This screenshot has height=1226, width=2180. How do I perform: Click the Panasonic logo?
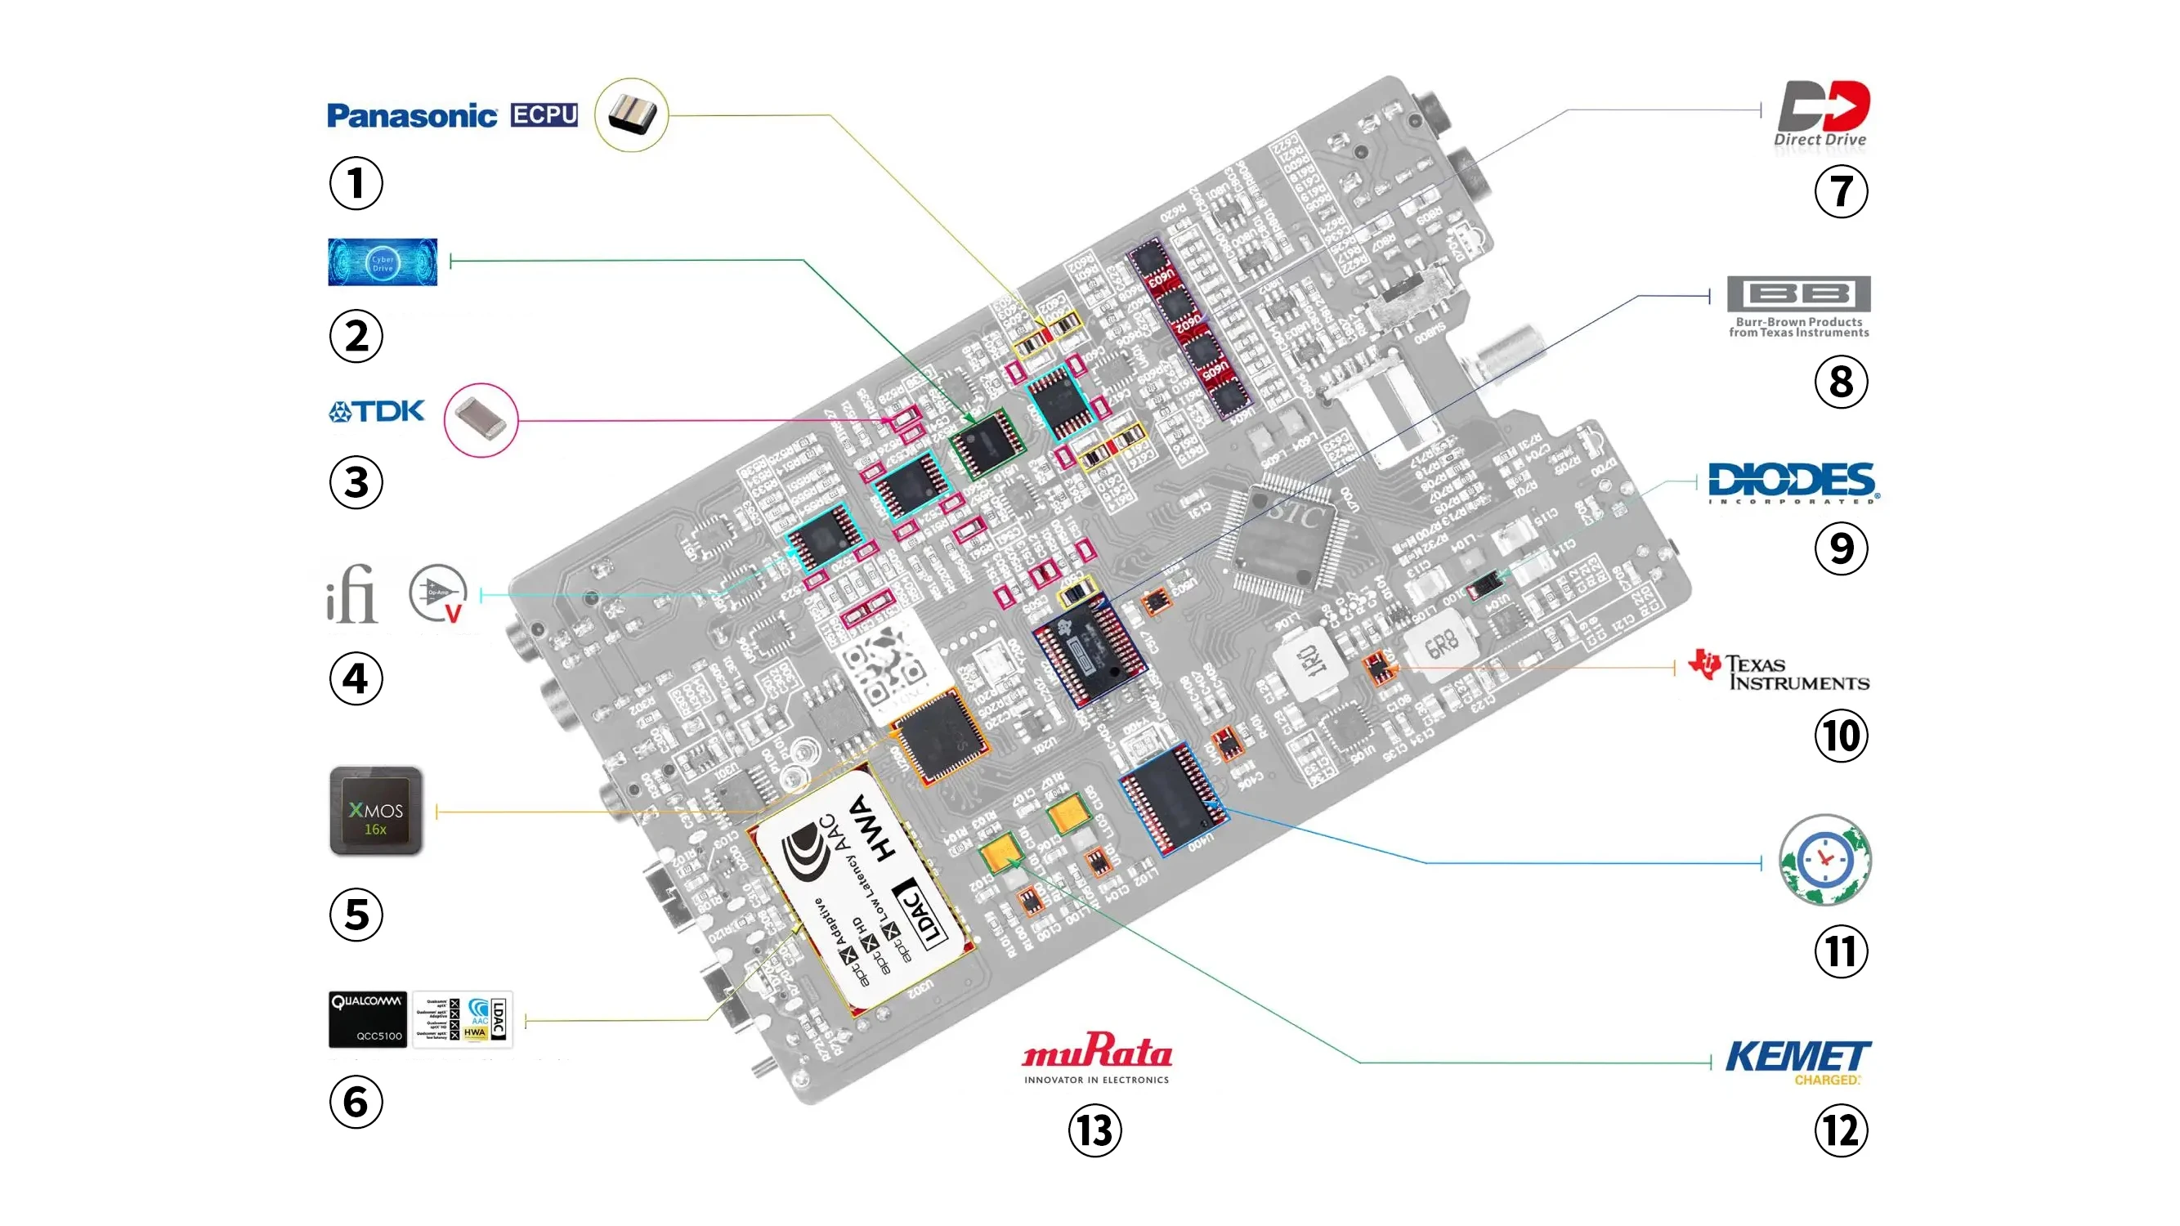[411, 116]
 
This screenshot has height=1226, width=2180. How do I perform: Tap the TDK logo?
[377, 412]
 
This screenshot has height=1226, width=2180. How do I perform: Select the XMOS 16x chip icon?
[376, 812]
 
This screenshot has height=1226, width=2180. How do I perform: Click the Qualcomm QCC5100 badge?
[367, 1019]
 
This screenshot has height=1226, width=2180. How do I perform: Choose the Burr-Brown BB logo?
[1798, 306]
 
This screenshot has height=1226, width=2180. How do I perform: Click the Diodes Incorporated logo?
[1793, 482]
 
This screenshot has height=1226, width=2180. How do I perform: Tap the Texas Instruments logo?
[1779, 671]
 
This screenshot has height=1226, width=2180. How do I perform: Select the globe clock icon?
[1824, 861]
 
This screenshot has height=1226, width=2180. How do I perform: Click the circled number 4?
[356, 678]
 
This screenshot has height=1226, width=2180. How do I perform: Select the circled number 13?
[1094, 1131]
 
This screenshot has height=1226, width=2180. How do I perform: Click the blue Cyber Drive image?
[383, 262]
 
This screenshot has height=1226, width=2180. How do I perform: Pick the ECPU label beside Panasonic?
[544, 115]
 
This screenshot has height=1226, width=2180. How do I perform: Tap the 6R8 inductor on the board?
[1440, 647]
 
